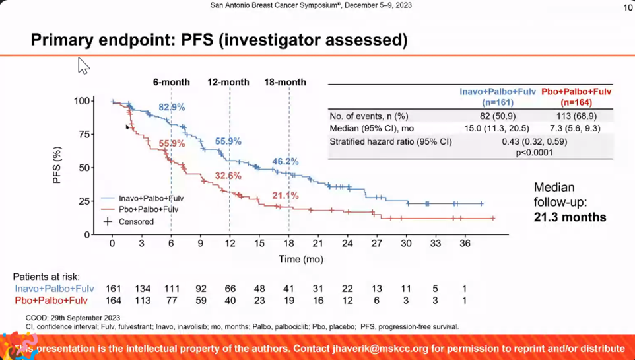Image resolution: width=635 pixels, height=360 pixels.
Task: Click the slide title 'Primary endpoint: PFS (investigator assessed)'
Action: tap(218, 40)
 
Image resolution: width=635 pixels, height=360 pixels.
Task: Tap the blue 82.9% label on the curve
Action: tap(172, 107)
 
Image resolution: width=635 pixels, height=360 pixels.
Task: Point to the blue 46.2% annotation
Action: tap(285, 162)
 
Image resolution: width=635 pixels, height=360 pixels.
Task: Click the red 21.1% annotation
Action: tap(285, 196)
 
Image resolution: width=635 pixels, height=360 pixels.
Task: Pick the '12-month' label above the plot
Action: tap(228, 82)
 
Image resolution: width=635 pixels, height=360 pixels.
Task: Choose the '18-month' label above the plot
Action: tap(285, 82)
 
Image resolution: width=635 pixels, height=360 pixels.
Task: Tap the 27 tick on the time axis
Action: tap(376, 244)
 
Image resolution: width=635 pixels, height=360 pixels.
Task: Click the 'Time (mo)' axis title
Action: tap(302, 260)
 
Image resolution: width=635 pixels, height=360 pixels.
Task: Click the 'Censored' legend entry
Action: tap(136, 221)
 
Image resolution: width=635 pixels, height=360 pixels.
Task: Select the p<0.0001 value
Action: tap(535, 153)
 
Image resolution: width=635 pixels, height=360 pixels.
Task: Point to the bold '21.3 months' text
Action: tap(570, 217)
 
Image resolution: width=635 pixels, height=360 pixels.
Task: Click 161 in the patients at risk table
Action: tap(113, 289)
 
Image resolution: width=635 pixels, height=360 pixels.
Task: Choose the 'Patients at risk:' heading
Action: tap(47, 277)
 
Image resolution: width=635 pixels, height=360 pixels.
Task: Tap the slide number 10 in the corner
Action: tap(628, 8)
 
